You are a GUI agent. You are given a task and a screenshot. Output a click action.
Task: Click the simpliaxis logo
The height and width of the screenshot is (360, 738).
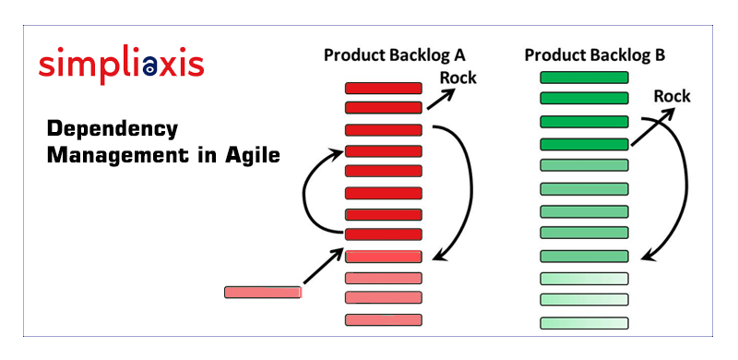pos(121,65)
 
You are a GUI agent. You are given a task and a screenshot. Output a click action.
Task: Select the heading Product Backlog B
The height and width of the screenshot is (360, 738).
pos(594,55)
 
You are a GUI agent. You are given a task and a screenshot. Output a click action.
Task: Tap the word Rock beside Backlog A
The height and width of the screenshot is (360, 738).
pos(458,78)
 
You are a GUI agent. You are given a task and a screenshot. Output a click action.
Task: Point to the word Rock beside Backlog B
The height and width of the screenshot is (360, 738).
pos(672,96)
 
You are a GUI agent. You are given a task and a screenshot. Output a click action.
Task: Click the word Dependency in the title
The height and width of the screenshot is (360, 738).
pos(112,128)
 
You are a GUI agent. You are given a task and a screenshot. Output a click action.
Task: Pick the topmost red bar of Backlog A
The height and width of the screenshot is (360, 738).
pos(383,89)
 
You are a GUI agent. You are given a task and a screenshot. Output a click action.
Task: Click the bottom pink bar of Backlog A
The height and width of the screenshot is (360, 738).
pos(383,319)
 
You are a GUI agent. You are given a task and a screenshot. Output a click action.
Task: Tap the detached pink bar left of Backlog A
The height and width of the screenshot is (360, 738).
pos(263,292)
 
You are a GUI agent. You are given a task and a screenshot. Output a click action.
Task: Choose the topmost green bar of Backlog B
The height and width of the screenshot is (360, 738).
pos(583,78)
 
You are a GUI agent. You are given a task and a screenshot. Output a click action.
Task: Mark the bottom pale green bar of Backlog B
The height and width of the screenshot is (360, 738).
pos(583,323)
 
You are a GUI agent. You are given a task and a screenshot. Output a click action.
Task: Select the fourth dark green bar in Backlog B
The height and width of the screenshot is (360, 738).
pos(583,144)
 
